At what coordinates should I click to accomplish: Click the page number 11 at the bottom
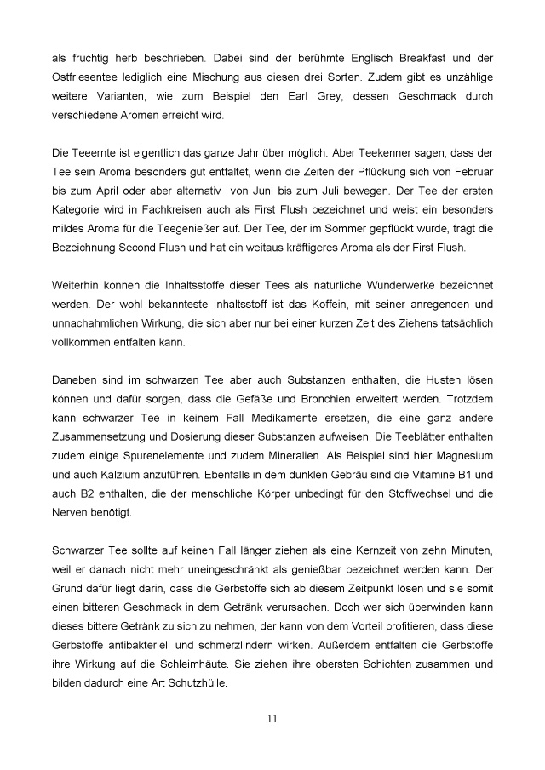pyautogui.click(x=272, y=720)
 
